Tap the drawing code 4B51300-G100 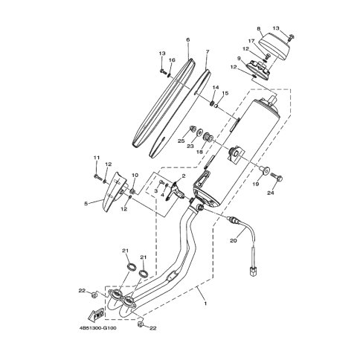click(97, 328)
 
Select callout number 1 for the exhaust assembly click(205, 303)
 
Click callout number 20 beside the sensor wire click(234, 240)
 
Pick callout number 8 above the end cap click(259, 29)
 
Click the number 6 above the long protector click(187, 39)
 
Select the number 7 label click(208, 51)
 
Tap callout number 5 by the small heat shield click(86, 204)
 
